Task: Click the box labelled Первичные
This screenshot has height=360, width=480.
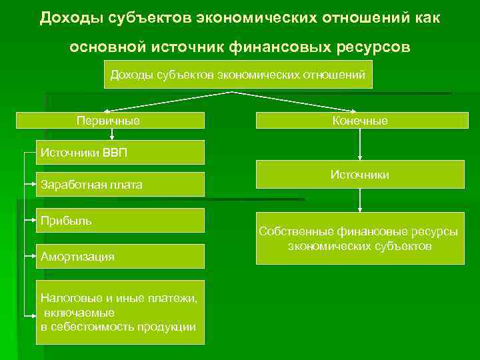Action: (109, 121)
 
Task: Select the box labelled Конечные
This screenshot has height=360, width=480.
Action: (360, 121)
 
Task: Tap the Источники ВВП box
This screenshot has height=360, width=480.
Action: (120, 152)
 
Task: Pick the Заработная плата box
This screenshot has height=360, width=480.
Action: (120, 185)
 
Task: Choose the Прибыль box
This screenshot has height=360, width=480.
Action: (120, 221)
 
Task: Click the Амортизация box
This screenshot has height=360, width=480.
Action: (120, 256)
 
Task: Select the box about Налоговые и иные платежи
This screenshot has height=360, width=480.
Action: (120, 312)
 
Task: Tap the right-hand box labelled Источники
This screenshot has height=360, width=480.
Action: (360, 175)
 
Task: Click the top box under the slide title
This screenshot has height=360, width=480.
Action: (238, 75)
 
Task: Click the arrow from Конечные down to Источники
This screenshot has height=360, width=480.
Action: (360, 144)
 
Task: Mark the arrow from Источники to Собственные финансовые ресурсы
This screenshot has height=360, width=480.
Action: (360, 200)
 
